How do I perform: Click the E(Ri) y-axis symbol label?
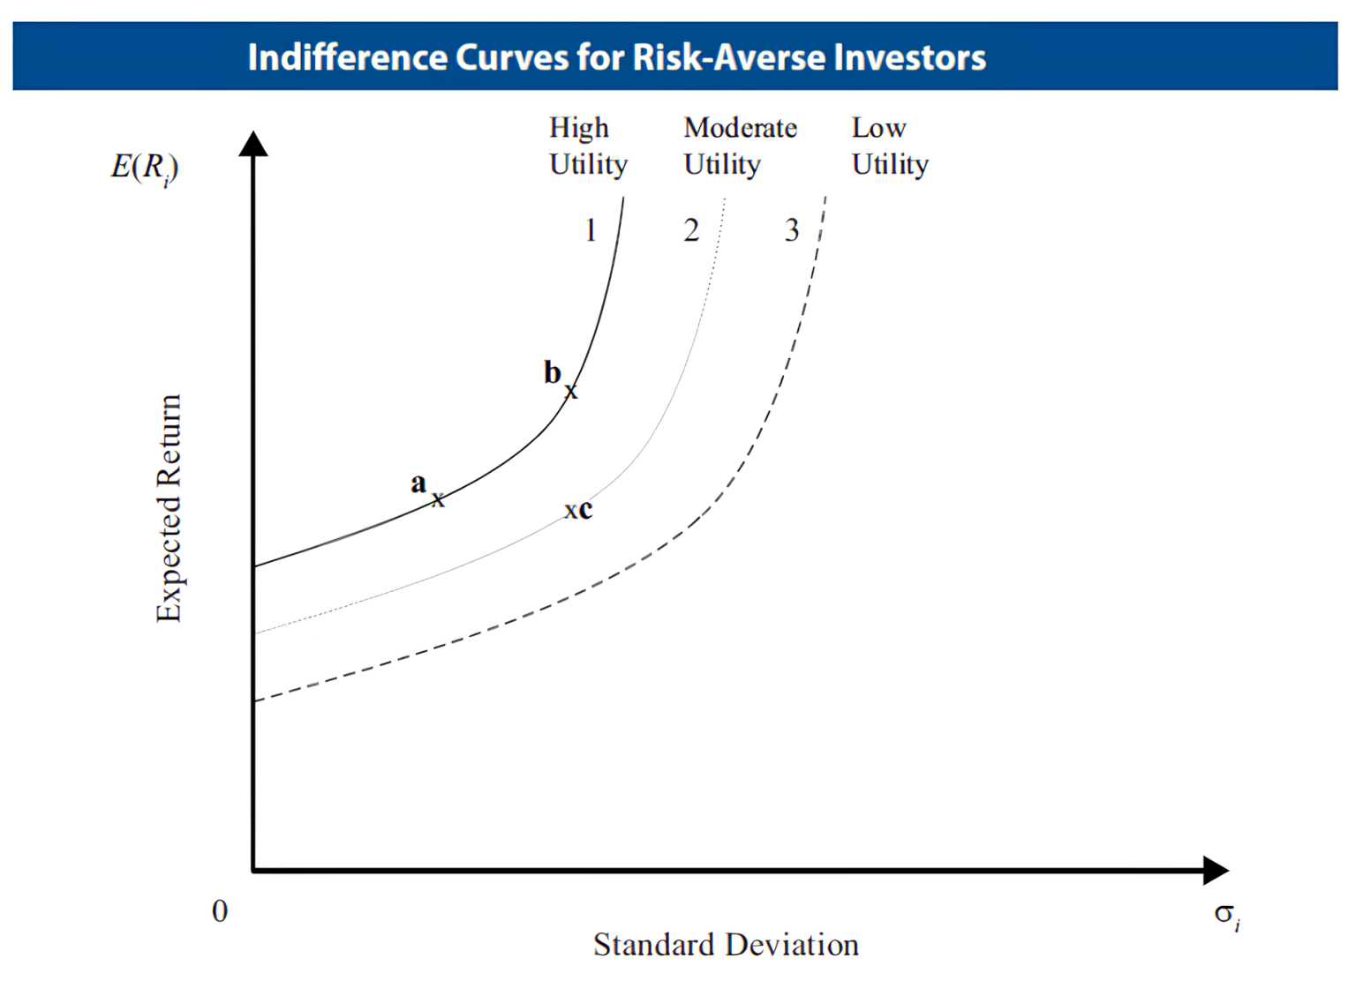click(144, 167)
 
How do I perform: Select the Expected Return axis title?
click(168, 508)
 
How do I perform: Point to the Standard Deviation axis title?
click(726, 945)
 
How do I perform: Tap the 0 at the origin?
click(220, 911)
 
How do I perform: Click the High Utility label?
click(587, 146)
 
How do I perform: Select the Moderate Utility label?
click(740, 146)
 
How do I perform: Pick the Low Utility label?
click(889, 146)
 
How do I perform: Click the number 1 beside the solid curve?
click(591, 230)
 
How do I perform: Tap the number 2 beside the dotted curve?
click(691, 230)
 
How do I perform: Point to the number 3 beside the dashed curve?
click(792, 230)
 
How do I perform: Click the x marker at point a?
click(438, 500)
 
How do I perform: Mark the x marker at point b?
click(571, 391)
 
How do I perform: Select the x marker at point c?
click(570, 511)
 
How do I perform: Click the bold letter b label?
click(553, 372)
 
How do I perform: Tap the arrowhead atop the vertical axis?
click(253, 144)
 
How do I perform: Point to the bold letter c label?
click(585, 509)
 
